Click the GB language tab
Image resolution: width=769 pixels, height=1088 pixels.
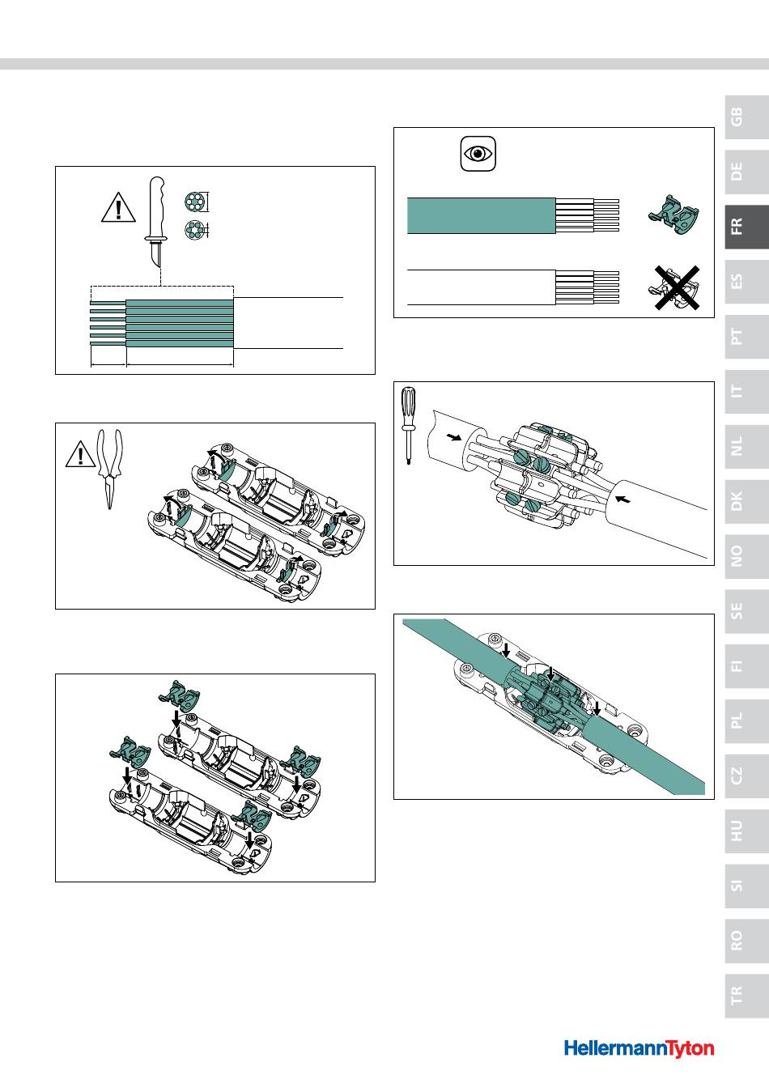(x=746, y=117)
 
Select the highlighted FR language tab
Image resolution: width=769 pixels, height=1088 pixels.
(x=746, y=227)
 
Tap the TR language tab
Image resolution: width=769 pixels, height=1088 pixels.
(x=746, y=996)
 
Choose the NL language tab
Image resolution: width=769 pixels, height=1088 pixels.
(x=746, y=446)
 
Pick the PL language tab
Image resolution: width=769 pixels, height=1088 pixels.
(x=746, y=721)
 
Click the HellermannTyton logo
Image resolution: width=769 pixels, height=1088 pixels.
(x=639, y=1048)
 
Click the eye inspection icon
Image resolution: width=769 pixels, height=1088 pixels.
(x=478, y=154)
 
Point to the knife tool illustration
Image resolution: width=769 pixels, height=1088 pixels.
(x=157, y=222)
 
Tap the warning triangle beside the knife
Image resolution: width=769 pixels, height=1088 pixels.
(x=118, y=207)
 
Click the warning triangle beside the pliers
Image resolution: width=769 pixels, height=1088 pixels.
(x=80, y=453)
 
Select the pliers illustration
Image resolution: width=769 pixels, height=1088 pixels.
(x=110, y=470)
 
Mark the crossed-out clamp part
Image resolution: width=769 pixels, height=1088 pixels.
(x=676, y=288)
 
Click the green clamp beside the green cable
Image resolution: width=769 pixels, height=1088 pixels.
(x=673, y=215)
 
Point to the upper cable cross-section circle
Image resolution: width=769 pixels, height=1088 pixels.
(x=193, y=202)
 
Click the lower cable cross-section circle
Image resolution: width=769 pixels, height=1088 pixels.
(x=193, y=230)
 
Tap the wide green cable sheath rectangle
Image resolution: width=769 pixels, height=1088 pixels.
(x=482, y=215)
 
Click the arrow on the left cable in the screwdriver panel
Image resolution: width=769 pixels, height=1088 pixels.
(x=454, y=438)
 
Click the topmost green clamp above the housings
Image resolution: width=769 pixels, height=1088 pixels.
(x=179, y=694)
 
